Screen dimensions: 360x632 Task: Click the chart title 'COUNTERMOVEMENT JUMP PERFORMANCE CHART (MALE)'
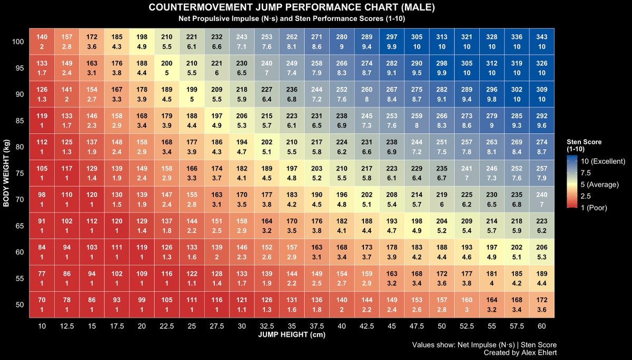click(292, 8)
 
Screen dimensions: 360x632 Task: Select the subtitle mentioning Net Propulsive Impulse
click(292, 18)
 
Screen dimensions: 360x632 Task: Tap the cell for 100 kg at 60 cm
click(542, 42)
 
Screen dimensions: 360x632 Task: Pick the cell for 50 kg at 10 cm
click(42, 305)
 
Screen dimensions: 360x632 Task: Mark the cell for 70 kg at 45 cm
click(392, 199)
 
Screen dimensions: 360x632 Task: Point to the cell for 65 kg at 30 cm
click(242, 226)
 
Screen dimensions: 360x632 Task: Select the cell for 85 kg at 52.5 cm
click(467, 121)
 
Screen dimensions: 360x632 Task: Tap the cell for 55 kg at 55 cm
click(492, 278)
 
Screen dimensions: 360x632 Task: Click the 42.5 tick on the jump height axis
click(367, 326)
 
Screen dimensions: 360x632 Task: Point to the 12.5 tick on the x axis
click(67, 326)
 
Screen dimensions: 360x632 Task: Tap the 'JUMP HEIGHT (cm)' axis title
click(292, 335)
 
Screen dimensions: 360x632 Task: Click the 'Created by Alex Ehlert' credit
click(520, 353)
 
